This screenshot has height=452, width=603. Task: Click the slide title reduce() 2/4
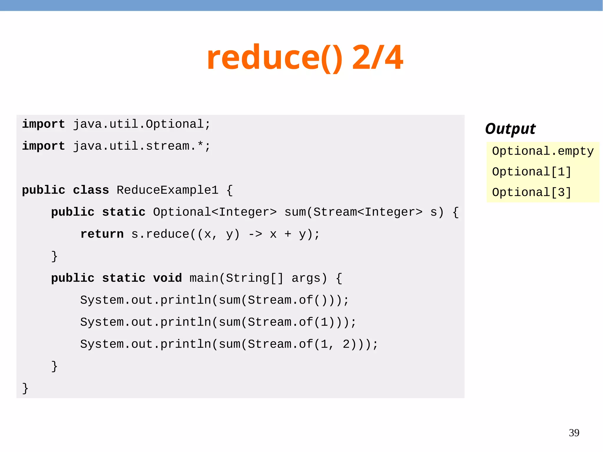(305, 57)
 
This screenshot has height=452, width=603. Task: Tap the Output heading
(510, 129)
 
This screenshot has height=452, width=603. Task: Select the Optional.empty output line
(543, 151)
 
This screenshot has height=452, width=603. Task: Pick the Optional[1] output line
(531, 172)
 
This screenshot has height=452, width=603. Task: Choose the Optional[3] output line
(531, 193)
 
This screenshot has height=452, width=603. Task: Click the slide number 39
(574, 433)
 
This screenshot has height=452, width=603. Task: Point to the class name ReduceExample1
(167, 190)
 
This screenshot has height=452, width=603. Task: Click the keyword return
(102, 234)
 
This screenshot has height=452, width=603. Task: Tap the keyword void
(167, 278)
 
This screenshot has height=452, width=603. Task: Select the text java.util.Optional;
(142, 124)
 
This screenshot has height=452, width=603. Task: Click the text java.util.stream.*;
(142, 146)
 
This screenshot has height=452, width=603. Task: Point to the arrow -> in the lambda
(255, 234)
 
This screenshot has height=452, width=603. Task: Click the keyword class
(91, 190)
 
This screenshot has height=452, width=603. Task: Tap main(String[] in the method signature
(236, 278)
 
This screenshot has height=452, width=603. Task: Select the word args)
(309, 278)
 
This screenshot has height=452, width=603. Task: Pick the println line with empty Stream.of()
(214, 300)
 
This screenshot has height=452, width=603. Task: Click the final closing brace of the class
(25, 388)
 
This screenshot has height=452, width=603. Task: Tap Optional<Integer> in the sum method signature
(215, 212)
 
